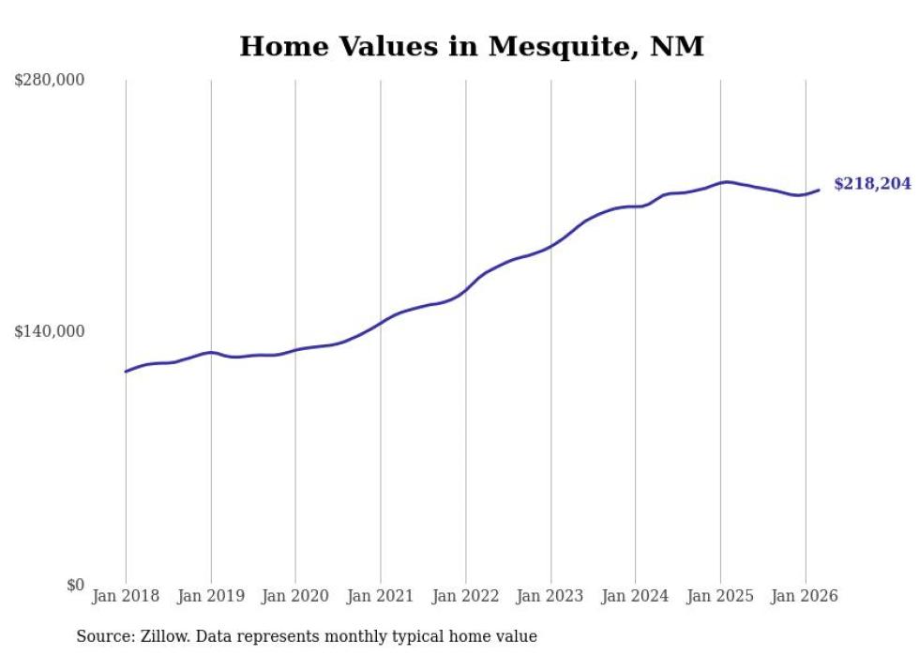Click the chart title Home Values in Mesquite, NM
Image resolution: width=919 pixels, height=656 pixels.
(x=471, y=46)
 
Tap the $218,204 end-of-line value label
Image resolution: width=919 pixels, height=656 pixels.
(x=872, y=184)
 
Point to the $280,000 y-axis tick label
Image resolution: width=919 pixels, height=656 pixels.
(x=50, y=81)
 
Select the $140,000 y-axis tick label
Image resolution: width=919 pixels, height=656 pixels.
(x=50, y=331)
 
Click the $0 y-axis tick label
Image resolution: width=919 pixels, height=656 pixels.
(x=75, y=585)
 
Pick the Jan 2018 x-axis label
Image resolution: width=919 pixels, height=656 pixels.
(x=126, y=596)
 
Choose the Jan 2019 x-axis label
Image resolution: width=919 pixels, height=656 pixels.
(x=211, y=596)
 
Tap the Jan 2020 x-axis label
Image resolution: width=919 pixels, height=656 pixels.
(x=295, y=596)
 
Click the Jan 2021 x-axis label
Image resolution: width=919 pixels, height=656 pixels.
(x=381, y=596)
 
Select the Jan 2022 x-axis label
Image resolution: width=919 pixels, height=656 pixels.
(x=465, y=596)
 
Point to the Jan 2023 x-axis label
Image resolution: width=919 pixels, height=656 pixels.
(x=550, y=596)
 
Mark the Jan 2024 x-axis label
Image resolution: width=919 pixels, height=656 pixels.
(x=635, y=596)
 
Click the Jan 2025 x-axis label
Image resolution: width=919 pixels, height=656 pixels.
(x=720, y=596)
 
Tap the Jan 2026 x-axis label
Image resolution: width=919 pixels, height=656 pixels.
(x=805, y=596)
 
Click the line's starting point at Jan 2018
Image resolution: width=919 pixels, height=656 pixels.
(x=126, y=372)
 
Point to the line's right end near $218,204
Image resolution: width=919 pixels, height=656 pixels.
(x=820, y=190)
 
